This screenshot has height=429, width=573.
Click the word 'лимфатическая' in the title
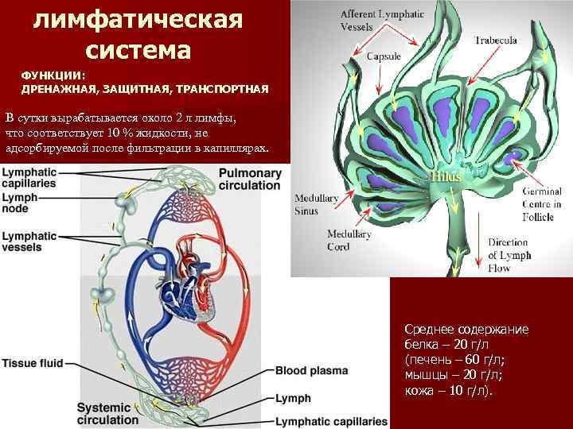(138, 18)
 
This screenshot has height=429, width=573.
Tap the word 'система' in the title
(138, 50)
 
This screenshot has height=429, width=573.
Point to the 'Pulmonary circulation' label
(249, 179)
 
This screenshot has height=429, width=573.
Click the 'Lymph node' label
(19, 202)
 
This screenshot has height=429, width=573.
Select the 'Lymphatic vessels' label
(29, 241)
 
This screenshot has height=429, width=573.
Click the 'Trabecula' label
(496, 40)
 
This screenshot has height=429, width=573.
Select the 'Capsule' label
(383, 56)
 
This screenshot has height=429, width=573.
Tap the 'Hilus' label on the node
(446, 176)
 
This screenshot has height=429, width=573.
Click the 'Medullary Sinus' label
(317, 203)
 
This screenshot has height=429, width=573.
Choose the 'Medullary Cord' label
(348, 240)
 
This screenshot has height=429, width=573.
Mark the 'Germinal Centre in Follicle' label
(541, 203)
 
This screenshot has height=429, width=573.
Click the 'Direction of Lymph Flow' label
(509, 255)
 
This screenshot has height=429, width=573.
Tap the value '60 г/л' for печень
(474, 359)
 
